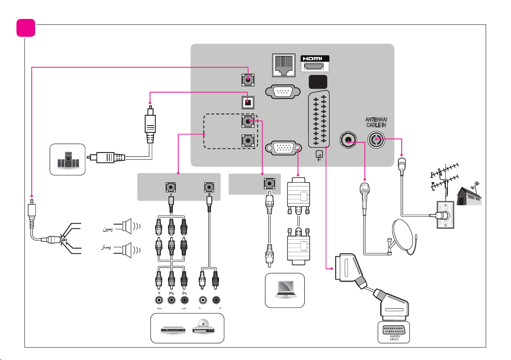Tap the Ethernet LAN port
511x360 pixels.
click(283, 65)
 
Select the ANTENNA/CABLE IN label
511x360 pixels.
click(376, 123)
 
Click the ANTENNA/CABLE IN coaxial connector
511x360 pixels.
click(376, 140)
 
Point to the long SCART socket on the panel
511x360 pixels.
click(319, 119)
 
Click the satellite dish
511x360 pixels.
click(403, 237)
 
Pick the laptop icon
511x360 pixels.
click(286, 289)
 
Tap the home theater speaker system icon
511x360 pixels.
click(68, 159)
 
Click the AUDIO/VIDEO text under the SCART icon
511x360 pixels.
click(394, 338)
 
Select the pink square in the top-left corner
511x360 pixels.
click(26, 28)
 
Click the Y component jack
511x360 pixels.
click(159, 300)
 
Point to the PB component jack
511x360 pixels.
click(171, 300)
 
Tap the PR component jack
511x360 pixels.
click(184, 300)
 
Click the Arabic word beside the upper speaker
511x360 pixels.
click(108, 229)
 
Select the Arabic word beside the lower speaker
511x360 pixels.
click(105, 247)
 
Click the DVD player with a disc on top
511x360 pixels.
click(203, 326)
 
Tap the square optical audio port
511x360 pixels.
click(248, 102)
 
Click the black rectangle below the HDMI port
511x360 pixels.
click(318, 82)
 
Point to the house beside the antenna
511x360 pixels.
click(469, 196)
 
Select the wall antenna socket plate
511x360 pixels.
click(445, 215)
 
